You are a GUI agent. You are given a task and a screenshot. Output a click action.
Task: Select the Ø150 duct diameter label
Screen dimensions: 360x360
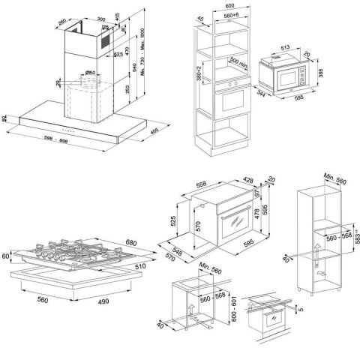pos(89,73)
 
